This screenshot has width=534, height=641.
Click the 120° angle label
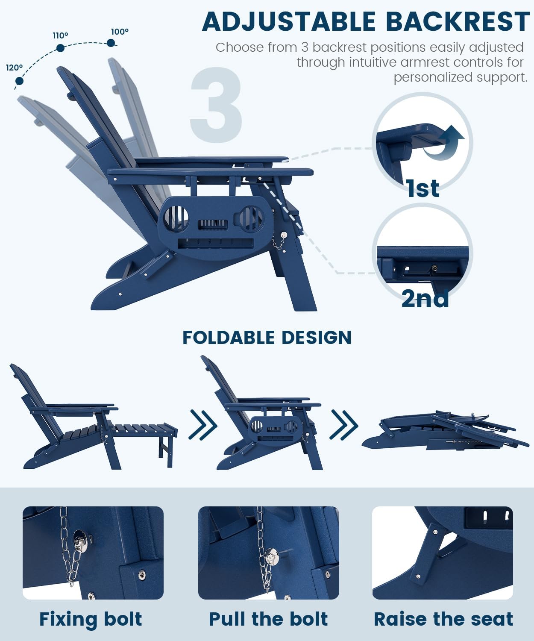14,68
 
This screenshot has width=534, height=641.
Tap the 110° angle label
60,35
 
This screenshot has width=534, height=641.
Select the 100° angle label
120,32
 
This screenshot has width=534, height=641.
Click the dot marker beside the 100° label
111,43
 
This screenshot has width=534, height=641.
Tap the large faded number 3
217,105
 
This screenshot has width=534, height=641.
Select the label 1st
423,188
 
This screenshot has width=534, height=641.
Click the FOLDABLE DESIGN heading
267,338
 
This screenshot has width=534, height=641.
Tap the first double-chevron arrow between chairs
203,425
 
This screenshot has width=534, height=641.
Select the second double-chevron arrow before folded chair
344,425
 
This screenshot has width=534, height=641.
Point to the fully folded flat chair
444,432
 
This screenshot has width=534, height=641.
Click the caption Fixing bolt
91,619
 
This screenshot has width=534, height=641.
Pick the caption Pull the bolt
268,619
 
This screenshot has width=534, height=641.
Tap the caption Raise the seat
443,619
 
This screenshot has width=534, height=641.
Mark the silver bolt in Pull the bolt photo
271,557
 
